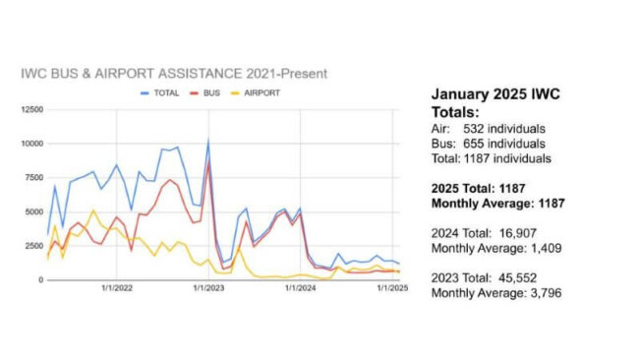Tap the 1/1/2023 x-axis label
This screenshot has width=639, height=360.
click(x=208, y=288)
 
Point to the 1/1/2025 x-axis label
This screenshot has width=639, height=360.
click(x=392, y=288)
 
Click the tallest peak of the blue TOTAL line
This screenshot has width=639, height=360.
click(x=207, y=140)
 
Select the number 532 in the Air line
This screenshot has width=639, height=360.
click(x=477, y=128)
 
